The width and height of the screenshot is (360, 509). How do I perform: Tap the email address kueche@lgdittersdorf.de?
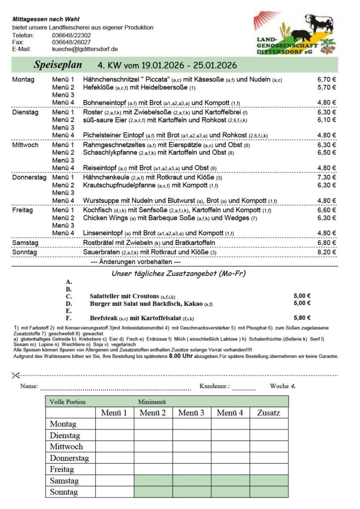85,49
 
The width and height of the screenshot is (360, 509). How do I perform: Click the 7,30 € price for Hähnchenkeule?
327,177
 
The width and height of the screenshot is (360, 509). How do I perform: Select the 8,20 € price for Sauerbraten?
327,252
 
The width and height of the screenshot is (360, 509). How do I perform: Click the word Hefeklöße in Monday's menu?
98,87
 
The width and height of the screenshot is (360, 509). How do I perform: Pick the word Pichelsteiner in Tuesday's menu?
103,135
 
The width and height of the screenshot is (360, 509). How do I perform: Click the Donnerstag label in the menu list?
29,177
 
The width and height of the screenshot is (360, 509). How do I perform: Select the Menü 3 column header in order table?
191,413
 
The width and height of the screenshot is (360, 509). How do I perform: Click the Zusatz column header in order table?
269,413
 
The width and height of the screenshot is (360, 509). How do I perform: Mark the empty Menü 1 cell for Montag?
114,424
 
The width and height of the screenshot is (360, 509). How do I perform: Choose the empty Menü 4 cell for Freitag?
230,469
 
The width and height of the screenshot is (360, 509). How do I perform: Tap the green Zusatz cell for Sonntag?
269,492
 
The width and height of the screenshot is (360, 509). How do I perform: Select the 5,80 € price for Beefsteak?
302,318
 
